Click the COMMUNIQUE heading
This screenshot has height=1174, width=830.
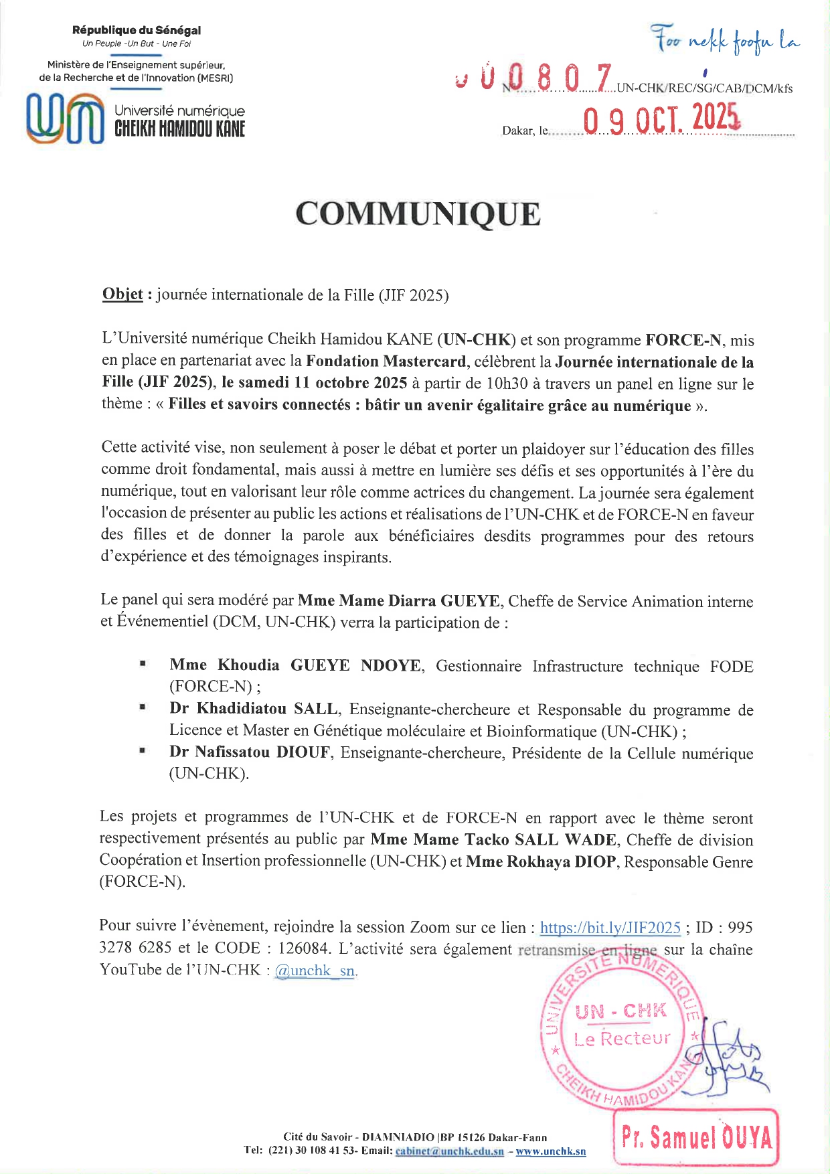418,214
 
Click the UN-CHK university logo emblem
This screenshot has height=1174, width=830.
65,119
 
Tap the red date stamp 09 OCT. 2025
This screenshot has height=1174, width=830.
661,120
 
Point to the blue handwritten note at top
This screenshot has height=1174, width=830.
727,41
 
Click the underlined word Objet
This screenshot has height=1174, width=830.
122,295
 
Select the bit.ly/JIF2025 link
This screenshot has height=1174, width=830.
610,928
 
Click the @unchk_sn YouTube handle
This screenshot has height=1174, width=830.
315,970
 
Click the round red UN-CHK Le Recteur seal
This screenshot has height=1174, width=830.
620,1031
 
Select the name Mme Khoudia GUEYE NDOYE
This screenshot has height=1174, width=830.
295,665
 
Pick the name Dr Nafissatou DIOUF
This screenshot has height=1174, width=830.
250,752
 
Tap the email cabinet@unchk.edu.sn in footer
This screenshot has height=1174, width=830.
449,1151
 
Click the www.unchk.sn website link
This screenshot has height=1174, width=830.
550,1151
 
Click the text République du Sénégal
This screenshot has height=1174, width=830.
137,30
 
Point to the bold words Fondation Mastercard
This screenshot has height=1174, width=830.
386,361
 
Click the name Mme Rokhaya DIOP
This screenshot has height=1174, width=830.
541,861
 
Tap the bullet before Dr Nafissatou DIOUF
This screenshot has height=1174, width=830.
143,751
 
